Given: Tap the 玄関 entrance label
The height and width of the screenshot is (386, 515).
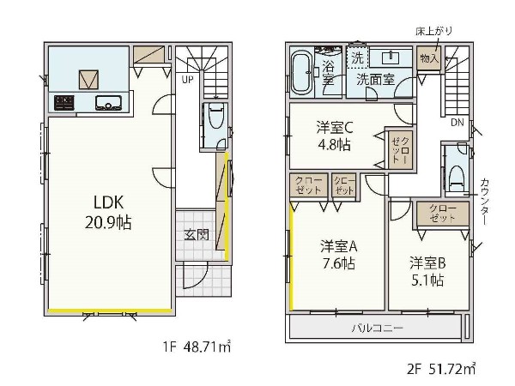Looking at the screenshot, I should [x=195, y=234].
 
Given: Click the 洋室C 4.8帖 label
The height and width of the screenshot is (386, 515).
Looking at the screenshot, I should [x=334, y=136].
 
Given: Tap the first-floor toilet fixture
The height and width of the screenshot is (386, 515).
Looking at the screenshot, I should [x=215, y=119].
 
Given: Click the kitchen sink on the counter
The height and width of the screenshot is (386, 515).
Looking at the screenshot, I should [x=111, y=104].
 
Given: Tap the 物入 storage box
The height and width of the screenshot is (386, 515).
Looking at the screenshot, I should [x=429, y=57].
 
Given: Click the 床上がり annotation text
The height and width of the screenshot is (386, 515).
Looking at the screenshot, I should [x=434, y=31].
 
